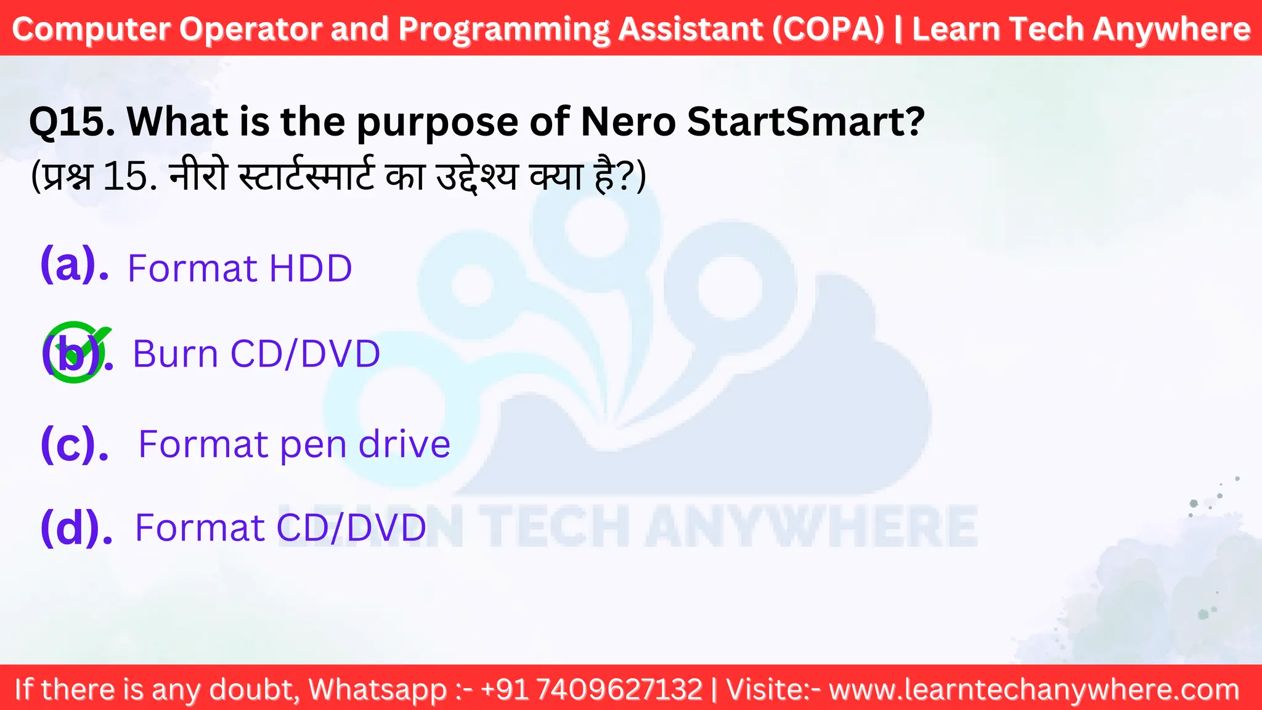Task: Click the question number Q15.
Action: point(72,121)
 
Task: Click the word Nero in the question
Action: point(628,121)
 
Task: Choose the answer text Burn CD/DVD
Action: point(256,354)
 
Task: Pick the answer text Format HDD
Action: point(240,269)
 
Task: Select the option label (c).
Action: point(75,444)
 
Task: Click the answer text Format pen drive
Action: point(295,444)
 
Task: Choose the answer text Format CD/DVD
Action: point(280,528)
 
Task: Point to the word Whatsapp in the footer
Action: point(377,689)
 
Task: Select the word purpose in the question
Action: point(437,121)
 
